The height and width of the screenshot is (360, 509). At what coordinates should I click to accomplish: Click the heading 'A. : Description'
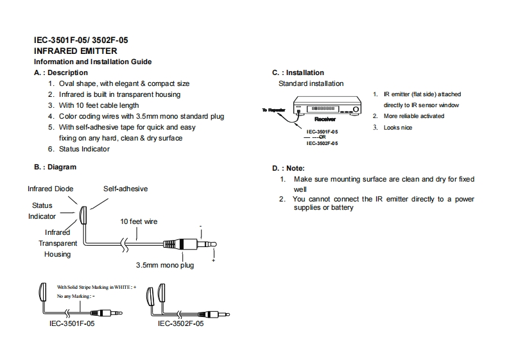click(x=61, y=73)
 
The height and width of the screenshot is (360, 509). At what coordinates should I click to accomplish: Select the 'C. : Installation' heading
click(x=298, y=73)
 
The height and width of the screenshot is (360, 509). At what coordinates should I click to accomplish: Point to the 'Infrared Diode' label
click(x=50, y=189)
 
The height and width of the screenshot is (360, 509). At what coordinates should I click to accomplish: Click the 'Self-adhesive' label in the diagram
click(x=125, y=189)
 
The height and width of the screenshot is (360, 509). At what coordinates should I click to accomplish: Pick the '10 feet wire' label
click(x=139, y=221)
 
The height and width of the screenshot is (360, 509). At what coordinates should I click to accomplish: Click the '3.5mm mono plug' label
click(x=164, y=264)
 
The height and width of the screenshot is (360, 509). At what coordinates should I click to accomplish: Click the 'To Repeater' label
click(x=272, y=110)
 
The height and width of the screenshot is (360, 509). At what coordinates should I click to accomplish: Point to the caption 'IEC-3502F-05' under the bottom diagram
click(x=180, y=324)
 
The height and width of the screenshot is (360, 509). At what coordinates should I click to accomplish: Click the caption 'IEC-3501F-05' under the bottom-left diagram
click(x=72, y=324)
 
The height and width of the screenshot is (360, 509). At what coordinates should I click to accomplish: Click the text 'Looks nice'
click(x=398, y=128)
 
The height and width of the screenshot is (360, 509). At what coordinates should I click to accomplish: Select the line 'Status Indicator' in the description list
click(x=84, y=149)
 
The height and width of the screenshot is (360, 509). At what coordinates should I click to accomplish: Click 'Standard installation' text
click(x=311, y=83)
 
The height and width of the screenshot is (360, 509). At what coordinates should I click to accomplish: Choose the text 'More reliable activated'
click(x=413, y=116)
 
